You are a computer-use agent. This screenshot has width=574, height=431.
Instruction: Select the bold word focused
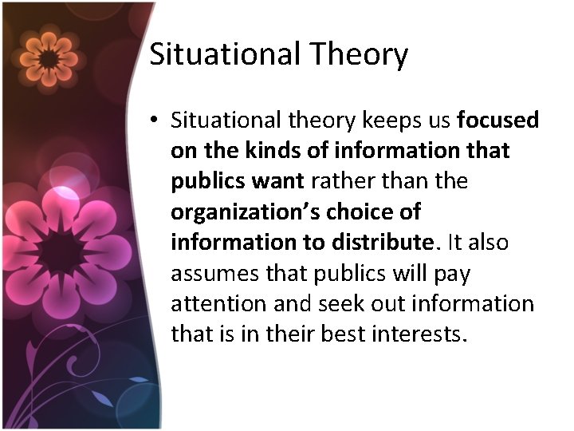click(498, 121)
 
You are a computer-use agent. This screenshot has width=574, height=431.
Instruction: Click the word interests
click(422, 334)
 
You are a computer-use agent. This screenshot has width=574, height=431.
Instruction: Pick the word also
click(489, 242)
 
